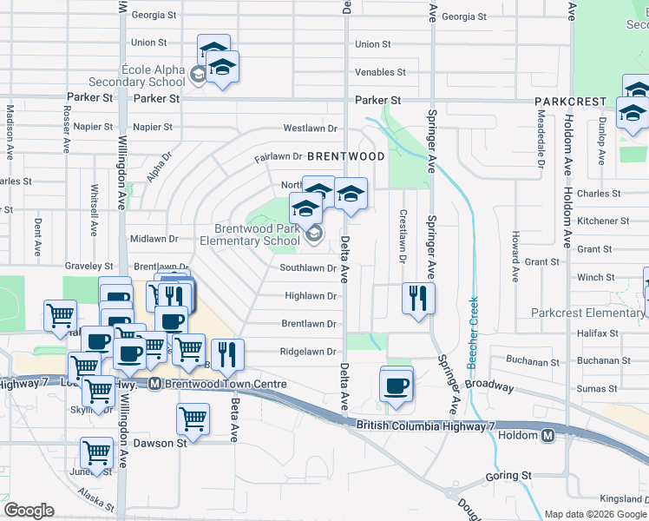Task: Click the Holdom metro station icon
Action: click(x=547, y=436)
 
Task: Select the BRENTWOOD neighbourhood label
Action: click(x=345, y=156)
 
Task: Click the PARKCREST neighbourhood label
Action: click(x=570, y=102)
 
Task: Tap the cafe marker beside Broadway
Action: click(x=397, y=386)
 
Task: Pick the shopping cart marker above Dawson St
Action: click(x=193, y=420)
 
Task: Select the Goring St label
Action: click(x=508, y=476)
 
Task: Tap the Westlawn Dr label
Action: click(x=310, y=129)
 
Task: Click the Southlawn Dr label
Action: click(x=307, y=268)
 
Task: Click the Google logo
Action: click(x=29, y=510)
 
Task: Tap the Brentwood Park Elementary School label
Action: click(x=251, y=235)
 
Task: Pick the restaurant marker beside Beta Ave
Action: click(x=227, y=355)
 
